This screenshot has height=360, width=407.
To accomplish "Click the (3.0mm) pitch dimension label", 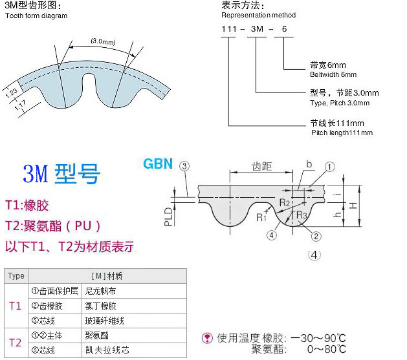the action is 103,41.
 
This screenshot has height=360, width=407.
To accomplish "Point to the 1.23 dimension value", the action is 12,93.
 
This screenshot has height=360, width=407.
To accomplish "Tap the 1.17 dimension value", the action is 21,105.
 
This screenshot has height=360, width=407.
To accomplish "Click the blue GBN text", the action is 158,164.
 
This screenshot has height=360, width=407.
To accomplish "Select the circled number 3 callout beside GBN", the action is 184,166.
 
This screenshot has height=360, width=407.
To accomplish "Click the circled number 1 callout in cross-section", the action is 329,167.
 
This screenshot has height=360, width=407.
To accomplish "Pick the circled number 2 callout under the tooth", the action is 316,237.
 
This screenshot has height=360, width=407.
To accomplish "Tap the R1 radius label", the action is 261,217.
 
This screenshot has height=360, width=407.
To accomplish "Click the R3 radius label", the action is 302,215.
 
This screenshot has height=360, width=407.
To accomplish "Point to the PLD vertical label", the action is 168,217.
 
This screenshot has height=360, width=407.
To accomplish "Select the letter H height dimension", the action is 353,206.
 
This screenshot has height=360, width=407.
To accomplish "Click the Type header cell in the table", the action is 16,276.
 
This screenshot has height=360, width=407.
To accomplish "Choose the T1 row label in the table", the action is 16,306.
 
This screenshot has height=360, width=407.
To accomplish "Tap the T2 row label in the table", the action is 16,343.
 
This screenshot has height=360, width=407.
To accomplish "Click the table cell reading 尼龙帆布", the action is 100,291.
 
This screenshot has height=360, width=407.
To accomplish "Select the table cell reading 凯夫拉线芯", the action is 107,350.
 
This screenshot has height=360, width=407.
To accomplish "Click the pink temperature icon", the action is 207,338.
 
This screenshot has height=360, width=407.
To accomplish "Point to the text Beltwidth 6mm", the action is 333,74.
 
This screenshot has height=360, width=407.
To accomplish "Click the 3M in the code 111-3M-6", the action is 257,29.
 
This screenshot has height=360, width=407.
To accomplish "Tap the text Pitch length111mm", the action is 342,132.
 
